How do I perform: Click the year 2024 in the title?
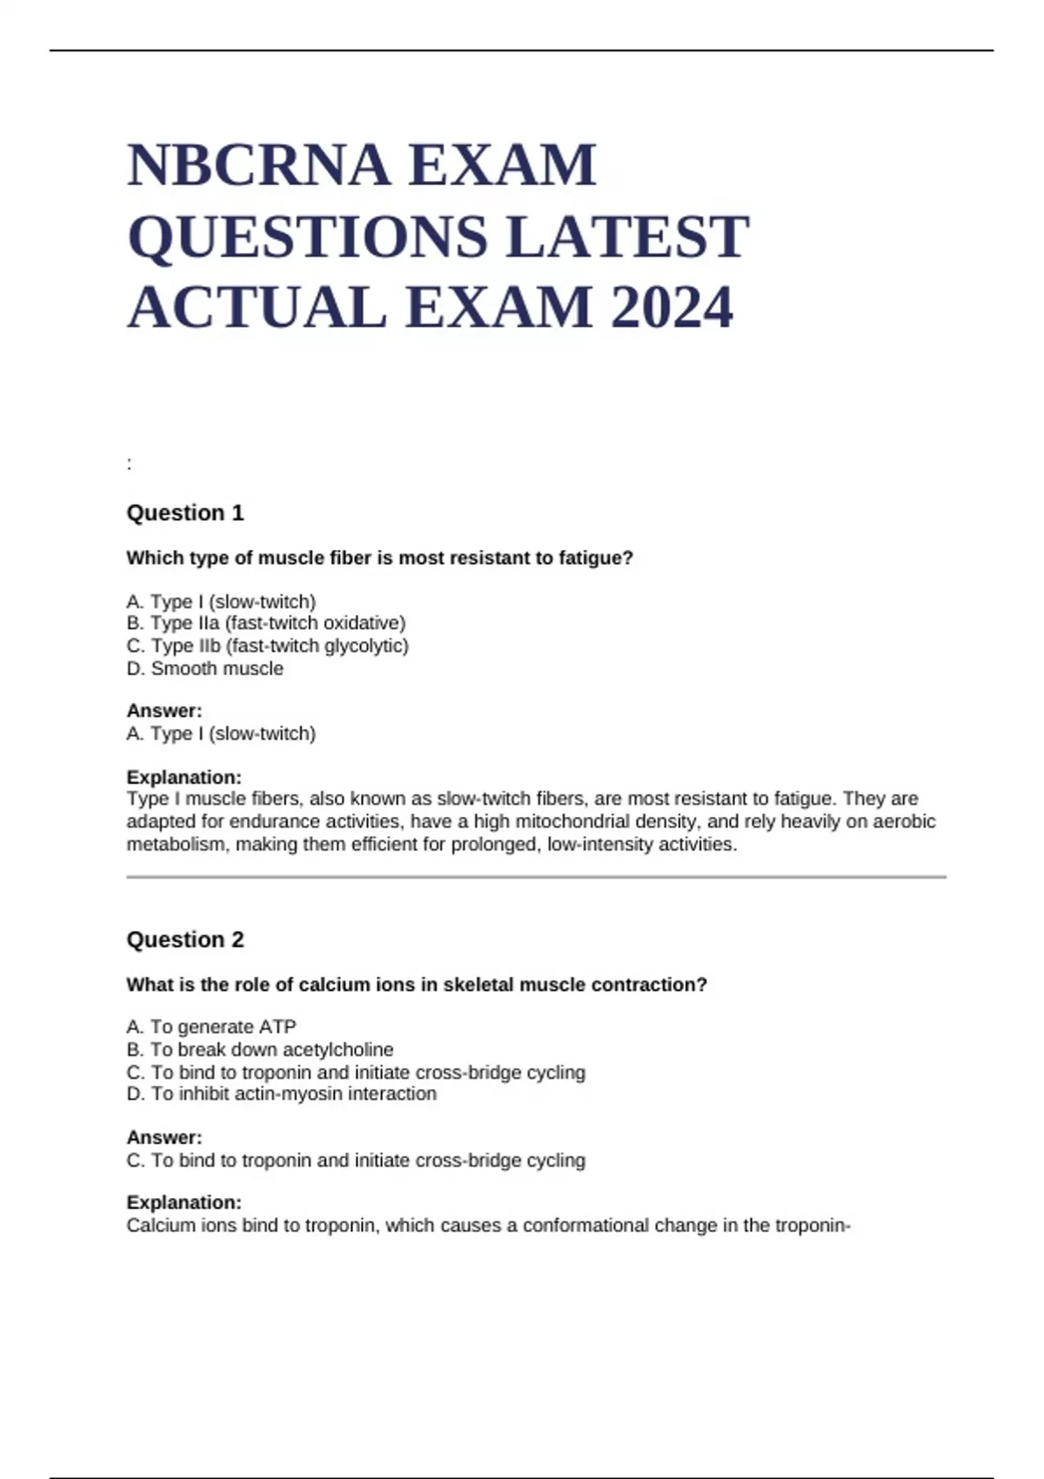tap(672, 308)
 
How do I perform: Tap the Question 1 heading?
tap(185, 512)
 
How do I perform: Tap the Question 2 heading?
tap(185, 940)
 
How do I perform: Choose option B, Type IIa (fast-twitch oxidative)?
tap(266, 623)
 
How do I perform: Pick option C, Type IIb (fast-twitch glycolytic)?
tap(267, 646)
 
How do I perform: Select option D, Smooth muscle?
tap(205, 668)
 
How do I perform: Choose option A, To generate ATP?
tap(211, 1027)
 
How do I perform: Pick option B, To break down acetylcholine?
tap(260, 1049)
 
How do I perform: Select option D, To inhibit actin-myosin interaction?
tap(281, 1094)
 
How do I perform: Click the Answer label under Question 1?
tap(164, 711)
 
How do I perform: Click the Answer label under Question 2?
tap(164, 1137)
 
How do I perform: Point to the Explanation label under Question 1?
tap(184, 777)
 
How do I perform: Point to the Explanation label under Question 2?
tap(184, 1202)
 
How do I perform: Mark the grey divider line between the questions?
tap(536, 877)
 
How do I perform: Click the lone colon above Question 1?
tap(130, 465)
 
